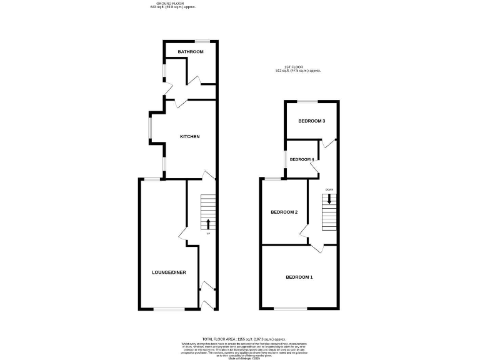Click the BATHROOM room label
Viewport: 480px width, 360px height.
[190, 51]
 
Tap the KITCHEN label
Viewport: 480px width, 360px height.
[189, 136]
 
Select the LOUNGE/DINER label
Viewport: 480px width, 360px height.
[169, 272]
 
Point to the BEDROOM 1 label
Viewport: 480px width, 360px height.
[299, 277]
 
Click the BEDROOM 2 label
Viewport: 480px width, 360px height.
[284, 212]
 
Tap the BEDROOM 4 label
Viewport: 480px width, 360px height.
[301, 159]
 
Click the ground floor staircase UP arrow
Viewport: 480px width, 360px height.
[208, 223]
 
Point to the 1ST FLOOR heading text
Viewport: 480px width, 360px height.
[298, 68]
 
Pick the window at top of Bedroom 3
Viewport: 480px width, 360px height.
[306, 101]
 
